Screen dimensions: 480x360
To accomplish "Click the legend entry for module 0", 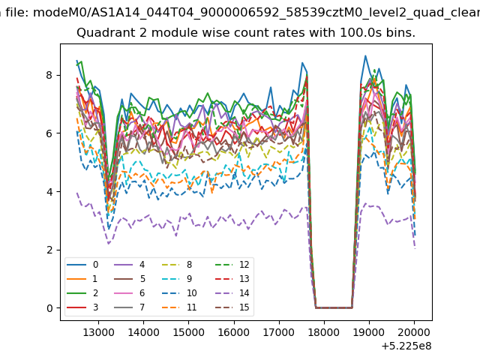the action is [82, 265].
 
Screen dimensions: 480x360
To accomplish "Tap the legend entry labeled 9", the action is [177, 279].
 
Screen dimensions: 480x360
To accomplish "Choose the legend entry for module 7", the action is [130, 307].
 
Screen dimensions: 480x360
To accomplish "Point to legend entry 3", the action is [82, 307].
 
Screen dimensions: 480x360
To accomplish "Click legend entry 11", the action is [178, 307].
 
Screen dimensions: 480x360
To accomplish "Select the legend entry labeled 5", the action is [130, 279].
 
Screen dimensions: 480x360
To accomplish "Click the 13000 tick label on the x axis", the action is [98, 332].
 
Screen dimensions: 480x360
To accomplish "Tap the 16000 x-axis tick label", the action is [234, 332].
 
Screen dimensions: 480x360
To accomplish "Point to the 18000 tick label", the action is [324, 332].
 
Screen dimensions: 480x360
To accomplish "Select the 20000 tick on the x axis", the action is [414, 332].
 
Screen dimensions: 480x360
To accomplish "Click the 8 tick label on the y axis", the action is [49, 75].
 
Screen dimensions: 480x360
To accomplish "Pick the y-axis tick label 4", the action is [49, 192].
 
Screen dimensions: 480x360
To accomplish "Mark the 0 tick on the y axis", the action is [49, 308].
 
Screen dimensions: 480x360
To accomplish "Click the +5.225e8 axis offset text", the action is [406, 346].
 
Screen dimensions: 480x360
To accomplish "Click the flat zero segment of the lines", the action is [334, 307].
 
